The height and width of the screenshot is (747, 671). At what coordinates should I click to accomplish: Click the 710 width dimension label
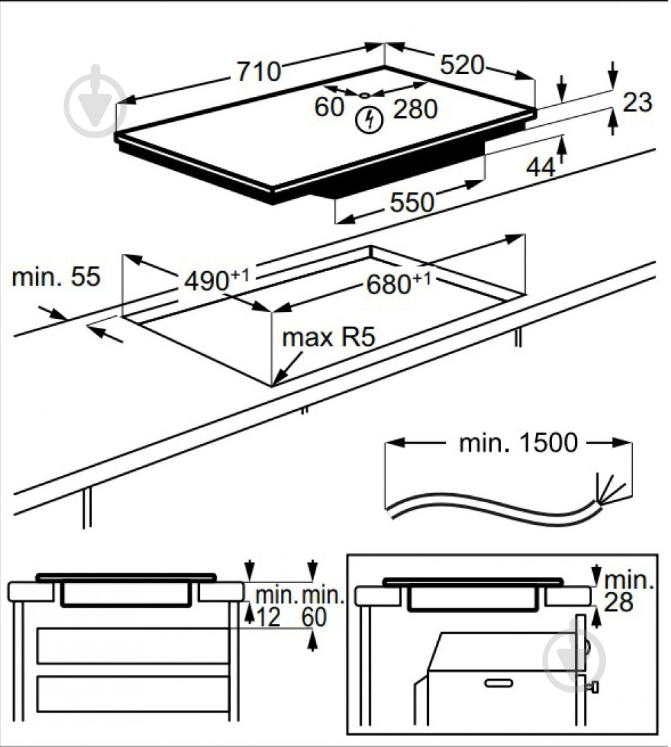point(259,71)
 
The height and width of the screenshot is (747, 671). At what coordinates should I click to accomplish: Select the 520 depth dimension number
point(462,65)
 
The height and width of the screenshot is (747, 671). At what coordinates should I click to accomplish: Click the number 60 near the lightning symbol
point(329,107)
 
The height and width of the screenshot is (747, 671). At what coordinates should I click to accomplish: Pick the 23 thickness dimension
point(637,102)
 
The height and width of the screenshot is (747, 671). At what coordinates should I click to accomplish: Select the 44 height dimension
point(541,167)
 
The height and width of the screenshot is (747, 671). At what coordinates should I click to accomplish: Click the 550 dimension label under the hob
point(412,202)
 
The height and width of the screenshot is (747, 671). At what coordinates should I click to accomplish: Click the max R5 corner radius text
point(328,338)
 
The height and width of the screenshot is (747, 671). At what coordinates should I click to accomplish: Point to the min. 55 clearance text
point(56,277)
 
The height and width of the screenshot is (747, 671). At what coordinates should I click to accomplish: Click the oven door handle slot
point(498,683)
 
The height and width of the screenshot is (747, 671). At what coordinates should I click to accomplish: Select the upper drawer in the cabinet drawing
point(132,646)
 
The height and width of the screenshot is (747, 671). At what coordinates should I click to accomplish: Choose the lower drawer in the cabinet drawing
point(132,694)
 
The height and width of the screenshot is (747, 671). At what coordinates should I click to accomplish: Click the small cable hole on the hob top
point(365,95)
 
